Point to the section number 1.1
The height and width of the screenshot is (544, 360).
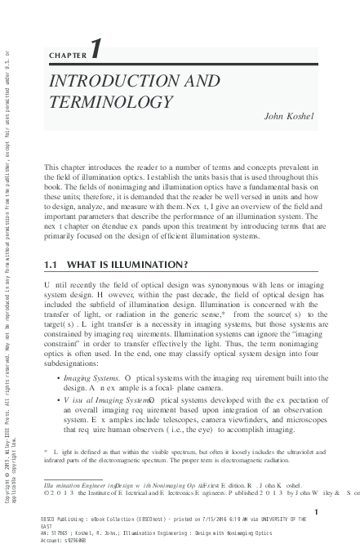52,265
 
